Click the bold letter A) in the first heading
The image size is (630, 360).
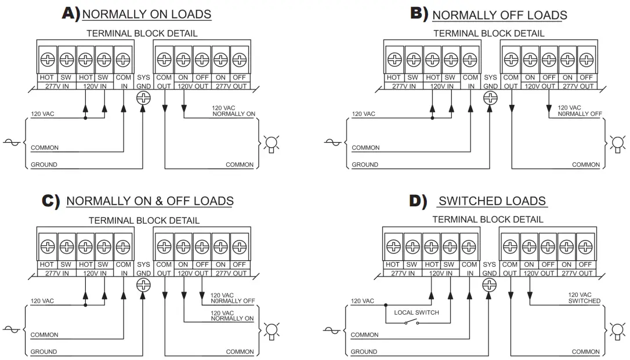click(x=71, y=13)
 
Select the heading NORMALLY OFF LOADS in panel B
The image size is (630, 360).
click(x=499, y=15)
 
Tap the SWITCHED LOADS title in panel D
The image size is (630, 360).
click(x=492, y=201)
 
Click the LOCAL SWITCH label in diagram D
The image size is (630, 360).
click(x=417, y=312)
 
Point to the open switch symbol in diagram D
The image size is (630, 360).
click(x=411, y=322)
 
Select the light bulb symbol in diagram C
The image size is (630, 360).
click(x=271, y=331)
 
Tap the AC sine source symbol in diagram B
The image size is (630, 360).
click(x=332, y=142)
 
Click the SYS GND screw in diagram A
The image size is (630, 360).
click(x=143, y=97)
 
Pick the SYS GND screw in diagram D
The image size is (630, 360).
click(x=489, y=285)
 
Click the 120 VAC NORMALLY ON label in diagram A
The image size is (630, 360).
click(x=233, y=111)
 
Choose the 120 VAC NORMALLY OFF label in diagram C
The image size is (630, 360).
click(x=233, y=298)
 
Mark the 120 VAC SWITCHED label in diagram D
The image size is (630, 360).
click(x=584, y=298)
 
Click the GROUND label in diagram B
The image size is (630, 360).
click(x=365, y=165)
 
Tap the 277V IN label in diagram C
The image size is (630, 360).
click(x=57, y=273)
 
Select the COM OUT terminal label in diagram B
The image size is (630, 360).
click(x=510, y=82)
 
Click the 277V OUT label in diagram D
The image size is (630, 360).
click(x=577, y=273)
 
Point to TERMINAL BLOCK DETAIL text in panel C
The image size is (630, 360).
click(x=144, y=220)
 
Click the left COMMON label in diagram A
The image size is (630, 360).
click(x=45, y=148)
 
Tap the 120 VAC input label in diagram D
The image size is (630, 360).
click(x=363, y=301)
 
